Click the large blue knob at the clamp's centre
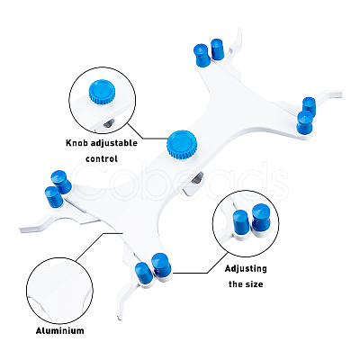(x=182, y=144)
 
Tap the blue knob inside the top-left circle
(x=102, y=91)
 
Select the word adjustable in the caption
(x=114, y=143)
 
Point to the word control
(x=102, y=158)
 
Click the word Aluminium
(x=60, y=331)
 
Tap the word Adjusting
(x=246, y=269)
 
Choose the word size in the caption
(x=255, y=283)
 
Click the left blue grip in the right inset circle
(x=240, y=221)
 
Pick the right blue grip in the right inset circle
(x=260, y=217)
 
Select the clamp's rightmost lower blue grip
(x=304, y=122)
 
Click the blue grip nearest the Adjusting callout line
(x=161, y=264)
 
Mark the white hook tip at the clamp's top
(x=239, y=31)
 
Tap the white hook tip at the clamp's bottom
(x=120, y=316)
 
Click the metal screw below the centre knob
(x=197, y=179)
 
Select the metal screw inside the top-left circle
(x=108, y=124)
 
